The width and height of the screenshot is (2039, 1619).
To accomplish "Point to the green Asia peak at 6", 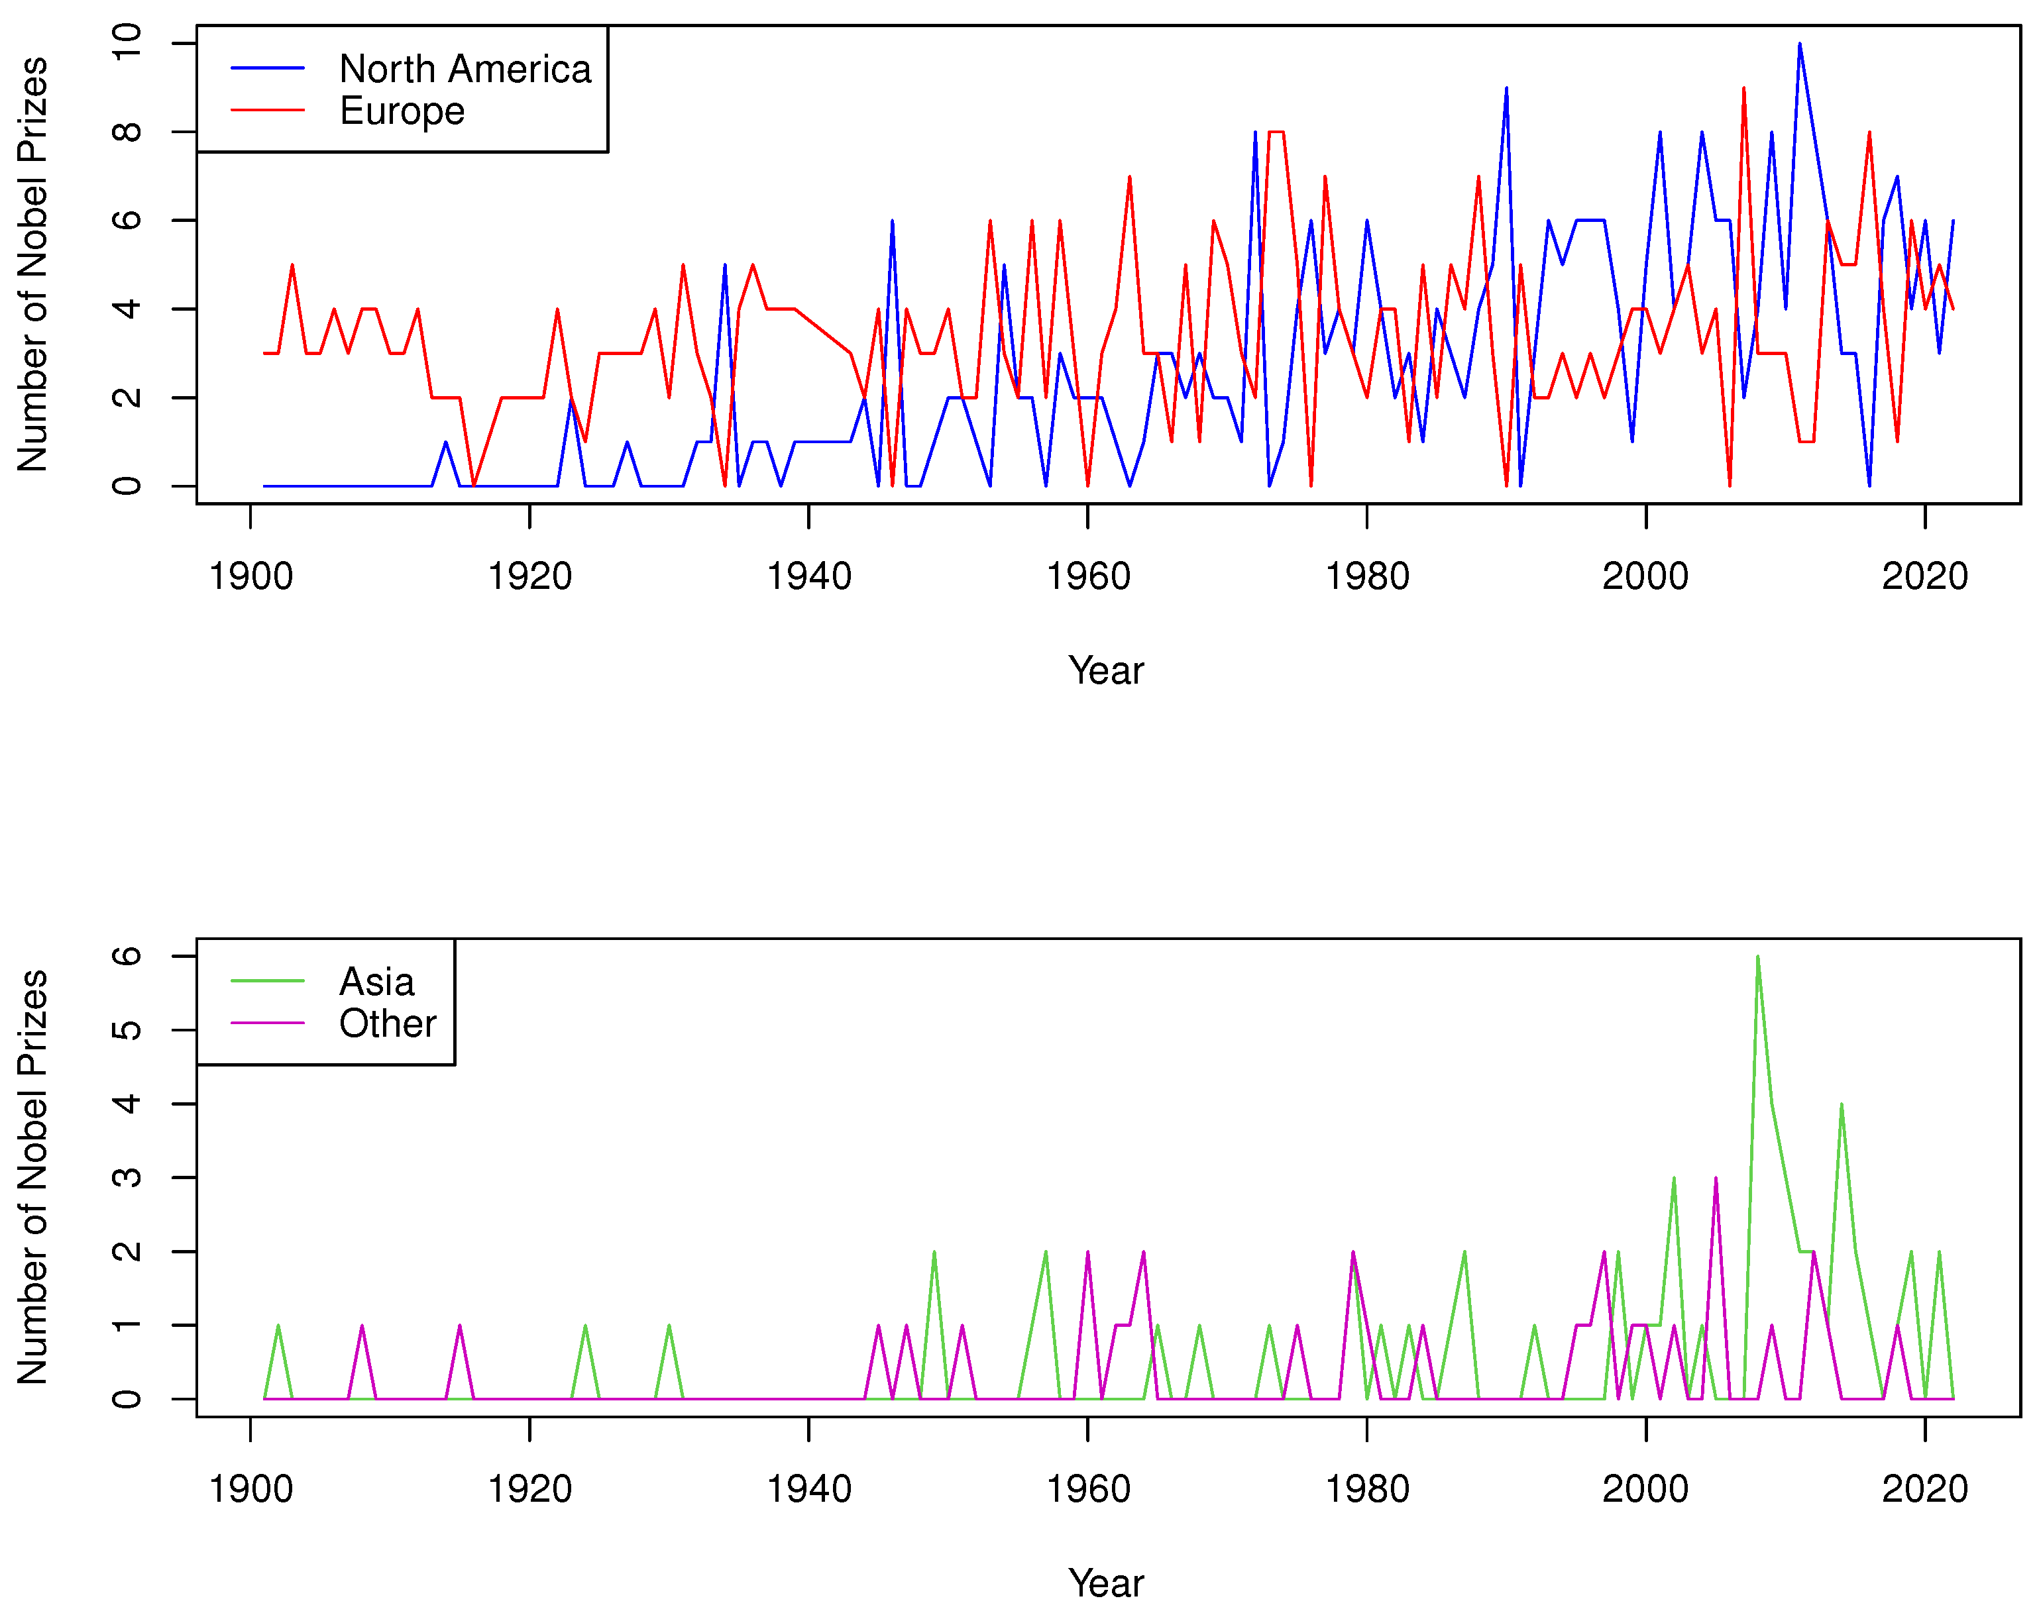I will coord(1757,957).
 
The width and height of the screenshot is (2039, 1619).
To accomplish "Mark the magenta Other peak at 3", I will coord(1716,1178).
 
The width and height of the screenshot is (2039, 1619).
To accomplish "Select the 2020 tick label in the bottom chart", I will coord(1924,1489).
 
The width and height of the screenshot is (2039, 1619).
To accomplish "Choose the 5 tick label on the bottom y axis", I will coord(127,1030).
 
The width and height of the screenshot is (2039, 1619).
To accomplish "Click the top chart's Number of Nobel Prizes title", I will coord(33,265).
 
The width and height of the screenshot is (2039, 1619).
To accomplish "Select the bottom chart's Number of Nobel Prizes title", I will coord(33,1177).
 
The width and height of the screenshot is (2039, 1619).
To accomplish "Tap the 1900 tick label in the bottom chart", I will coord(250,1489).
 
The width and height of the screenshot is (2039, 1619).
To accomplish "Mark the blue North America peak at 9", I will coord(1506,89).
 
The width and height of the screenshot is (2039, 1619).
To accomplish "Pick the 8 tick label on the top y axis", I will coord(127,131).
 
